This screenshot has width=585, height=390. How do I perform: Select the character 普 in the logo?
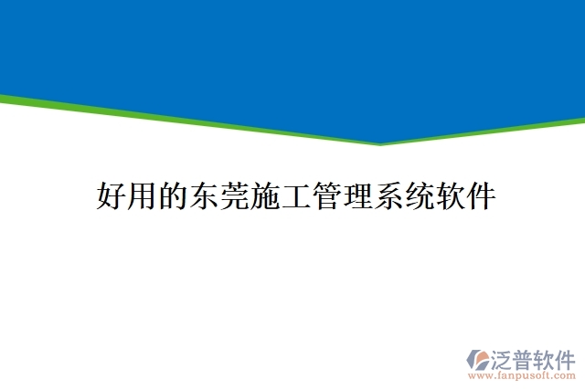pos(525,357)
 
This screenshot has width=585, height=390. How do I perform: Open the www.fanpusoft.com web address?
pos(523,374)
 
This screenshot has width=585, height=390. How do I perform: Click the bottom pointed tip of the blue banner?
pos(380,142)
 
